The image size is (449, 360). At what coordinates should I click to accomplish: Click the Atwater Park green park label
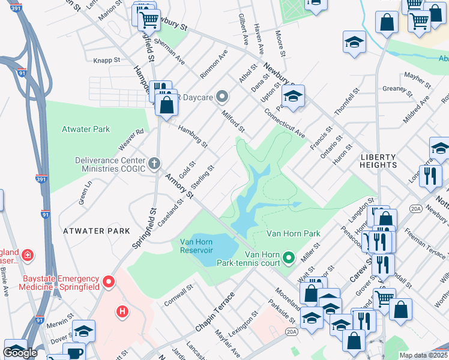coord(86,129)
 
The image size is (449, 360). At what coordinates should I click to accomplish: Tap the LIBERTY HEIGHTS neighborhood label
coord(379,160)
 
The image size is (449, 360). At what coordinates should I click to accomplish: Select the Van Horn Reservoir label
coord(196,246)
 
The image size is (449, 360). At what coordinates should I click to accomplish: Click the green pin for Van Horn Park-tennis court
coord(289,258)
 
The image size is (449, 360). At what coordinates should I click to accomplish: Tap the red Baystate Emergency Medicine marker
coord(109,281)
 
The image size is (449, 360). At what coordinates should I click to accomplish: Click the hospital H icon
coord(122,311)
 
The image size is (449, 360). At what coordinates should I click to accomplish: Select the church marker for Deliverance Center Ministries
coord(154,163)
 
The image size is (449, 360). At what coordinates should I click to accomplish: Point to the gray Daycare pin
coord(222,96)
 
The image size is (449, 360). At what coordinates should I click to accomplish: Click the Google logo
coord(20,353)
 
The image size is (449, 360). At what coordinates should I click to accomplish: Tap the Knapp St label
coord(107,60)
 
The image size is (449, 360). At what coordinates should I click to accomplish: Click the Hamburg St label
coord(192,136)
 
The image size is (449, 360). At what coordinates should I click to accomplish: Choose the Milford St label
coord(233,121)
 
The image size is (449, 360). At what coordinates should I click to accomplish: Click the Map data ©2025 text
coord(423,355)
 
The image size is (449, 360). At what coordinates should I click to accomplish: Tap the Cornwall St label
coord(179,294)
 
